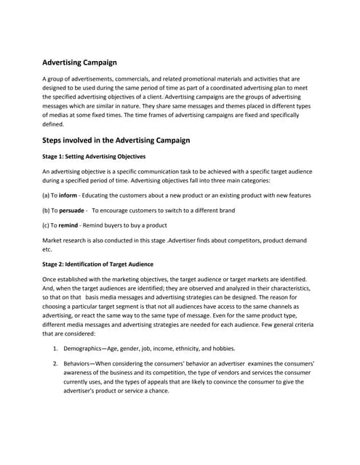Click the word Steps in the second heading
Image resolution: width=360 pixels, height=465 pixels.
(x=57, y=139)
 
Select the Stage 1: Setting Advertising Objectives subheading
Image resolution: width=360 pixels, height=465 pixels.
(x=94, y=156)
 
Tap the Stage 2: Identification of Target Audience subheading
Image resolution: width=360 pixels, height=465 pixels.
(x=97, y=263)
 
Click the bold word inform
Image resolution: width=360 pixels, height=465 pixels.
(x=68, y=195)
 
